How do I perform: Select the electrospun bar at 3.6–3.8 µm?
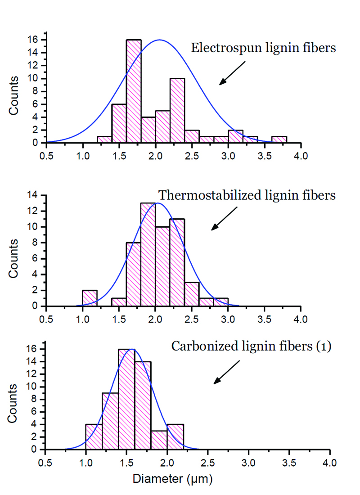(279, 139)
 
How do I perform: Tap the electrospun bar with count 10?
(177, 111)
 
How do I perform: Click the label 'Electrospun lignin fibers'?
(263, 48)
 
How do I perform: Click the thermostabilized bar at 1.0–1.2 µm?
(90, 298)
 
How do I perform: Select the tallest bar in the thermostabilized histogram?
(148, 254)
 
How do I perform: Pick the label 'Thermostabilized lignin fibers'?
(247, 195)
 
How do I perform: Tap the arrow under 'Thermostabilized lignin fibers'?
(224, 219)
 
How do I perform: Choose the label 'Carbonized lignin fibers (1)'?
(251, 346)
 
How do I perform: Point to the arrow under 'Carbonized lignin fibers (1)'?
(227, 372)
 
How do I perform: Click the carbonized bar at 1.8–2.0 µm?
(159, 439)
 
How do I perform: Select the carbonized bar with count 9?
(110, 420)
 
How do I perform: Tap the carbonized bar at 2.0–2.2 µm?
(175, 436)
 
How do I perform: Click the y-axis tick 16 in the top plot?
(38, 40)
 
